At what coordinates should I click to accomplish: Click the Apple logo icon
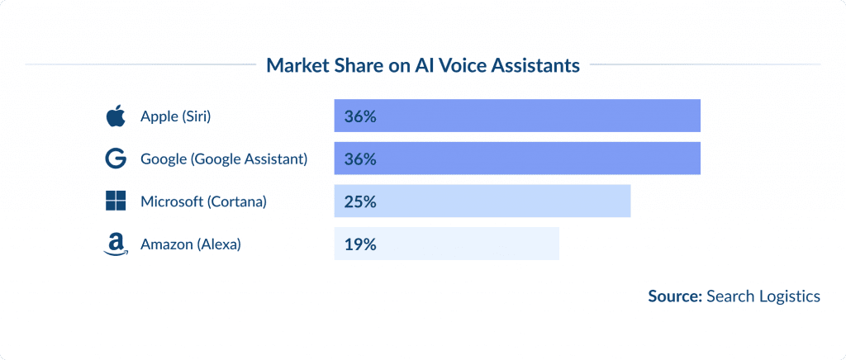116,116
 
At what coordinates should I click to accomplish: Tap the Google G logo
116,159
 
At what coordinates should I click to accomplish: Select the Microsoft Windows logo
116,201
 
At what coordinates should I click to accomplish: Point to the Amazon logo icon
116,244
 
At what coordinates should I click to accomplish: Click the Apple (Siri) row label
176,116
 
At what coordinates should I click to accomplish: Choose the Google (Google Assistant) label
224,159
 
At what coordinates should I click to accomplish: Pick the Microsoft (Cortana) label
203,201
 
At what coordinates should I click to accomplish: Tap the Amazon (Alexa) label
190,244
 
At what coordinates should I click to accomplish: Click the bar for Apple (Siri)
517,116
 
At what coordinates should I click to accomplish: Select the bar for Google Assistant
517,159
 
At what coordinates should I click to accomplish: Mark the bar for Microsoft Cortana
482,201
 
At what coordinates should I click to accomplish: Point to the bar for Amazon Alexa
446,244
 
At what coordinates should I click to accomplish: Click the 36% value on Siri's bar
360,116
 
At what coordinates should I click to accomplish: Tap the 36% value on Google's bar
360,159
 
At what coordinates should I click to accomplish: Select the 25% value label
360,201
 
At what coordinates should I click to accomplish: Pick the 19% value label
360,244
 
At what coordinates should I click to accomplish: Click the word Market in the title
296,65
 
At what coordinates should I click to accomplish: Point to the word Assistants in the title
532,65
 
